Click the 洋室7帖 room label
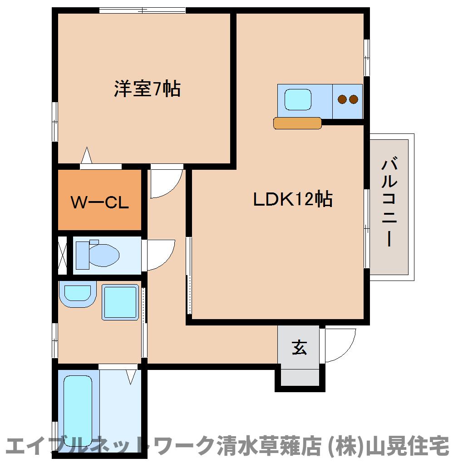click(x=147, y=89)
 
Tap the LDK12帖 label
click(x=292, y=199)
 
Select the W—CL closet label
click(x=100, y=202)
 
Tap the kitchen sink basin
click(x=298, y=99)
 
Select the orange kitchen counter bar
click(x=298, y=123)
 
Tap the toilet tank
click(x=82, y=255)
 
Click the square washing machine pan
click(x=120, y=302)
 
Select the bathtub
click(x=78, y=411)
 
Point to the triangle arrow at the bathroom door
click(x=132, y=376)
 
